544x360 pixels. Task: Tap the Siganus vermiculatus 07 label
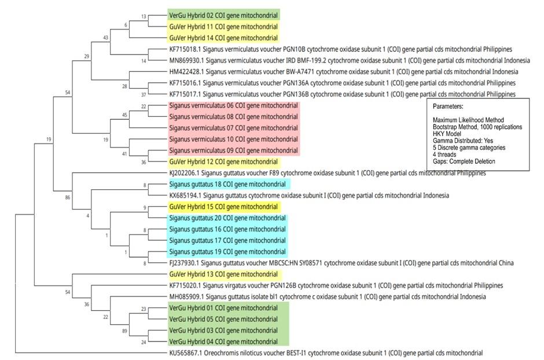pyautogui.click(x=233, y=128)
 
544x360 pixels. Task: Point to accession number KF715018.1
pyautogui.click(x=187, y=49)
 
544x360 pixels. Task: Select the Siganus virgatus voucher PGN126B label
pyautogui.click(x=336, y=286)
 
